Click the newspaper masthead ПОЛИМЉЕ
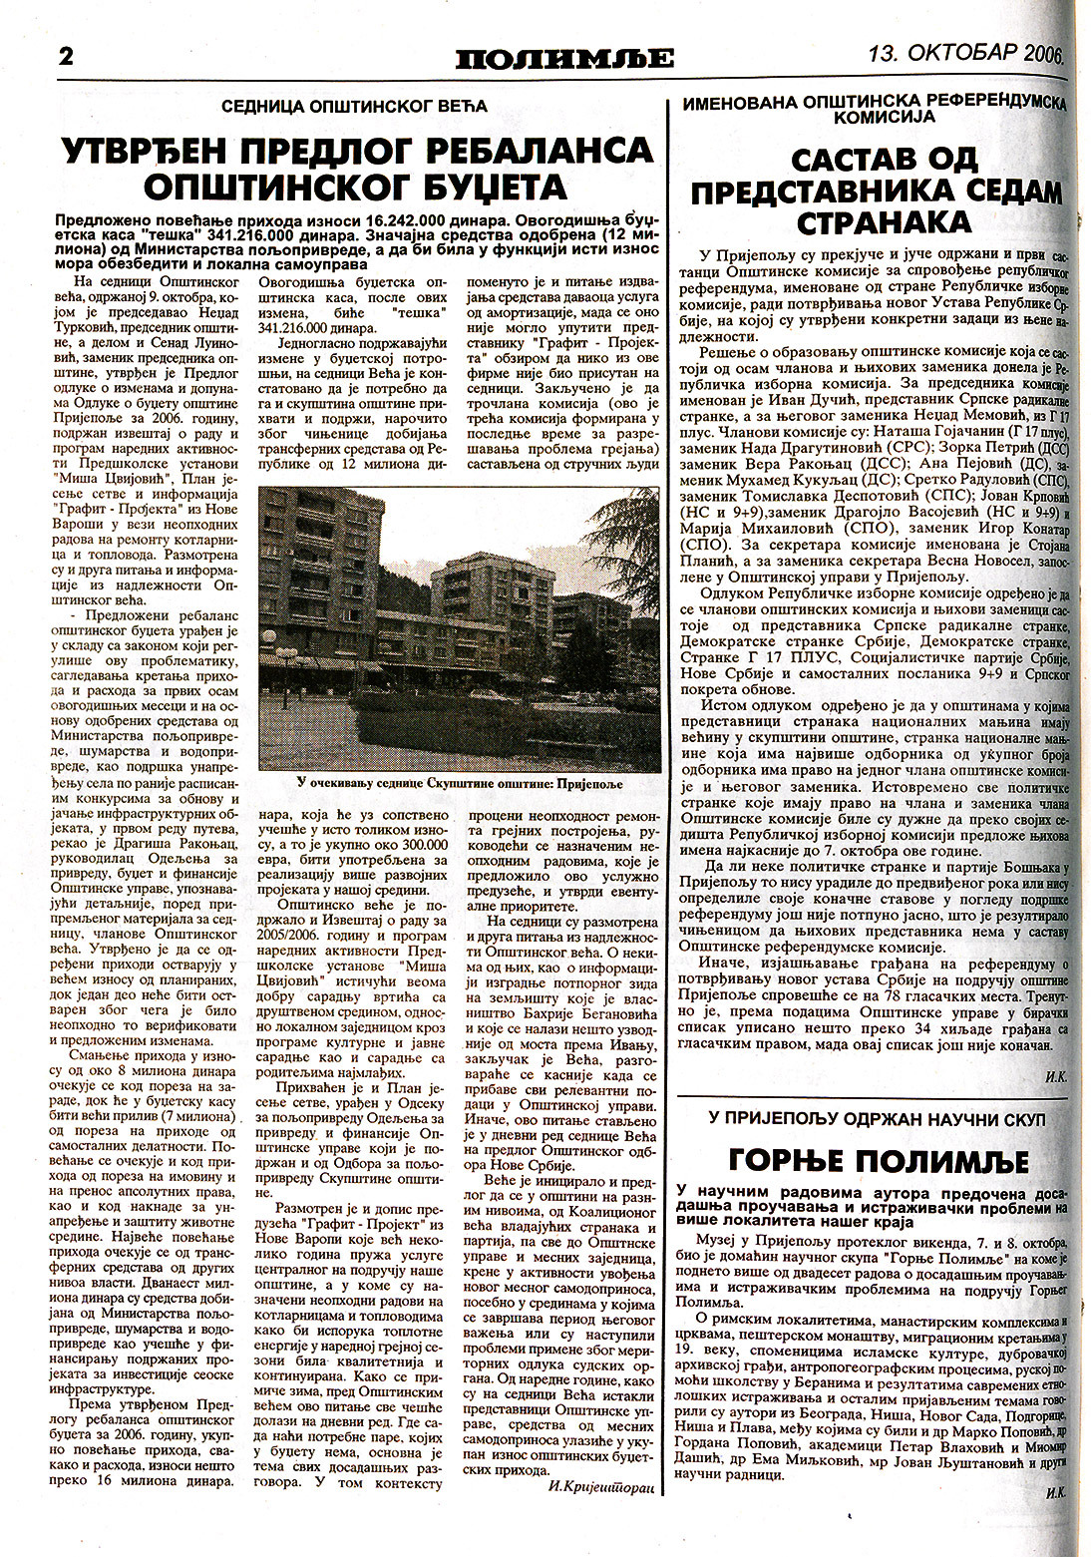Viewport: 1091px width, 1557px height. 564,59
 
